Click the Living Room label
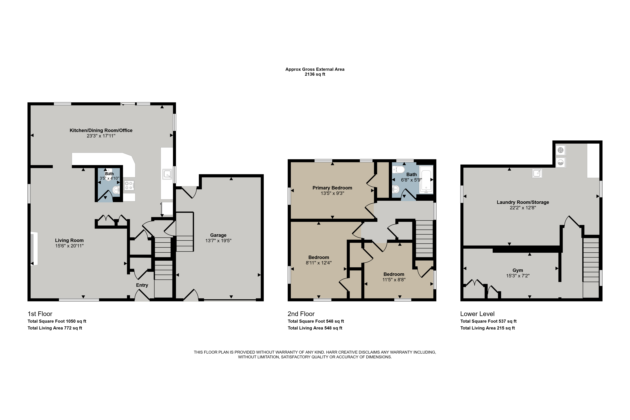pos(69,240)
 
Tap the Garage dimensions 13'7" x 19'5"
pos(218,240)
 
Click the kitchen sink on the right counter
pos(167,174)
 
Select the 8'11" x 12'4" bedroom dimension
pos(319,263)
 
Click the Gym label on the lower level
pos(518,270)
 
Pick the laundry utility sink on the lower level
pos(537,173)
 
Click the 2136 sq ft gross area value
pos(315,74)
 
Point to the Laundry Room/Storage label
pos(523,202)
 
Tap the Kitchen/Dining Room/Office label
pos(101,130)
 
